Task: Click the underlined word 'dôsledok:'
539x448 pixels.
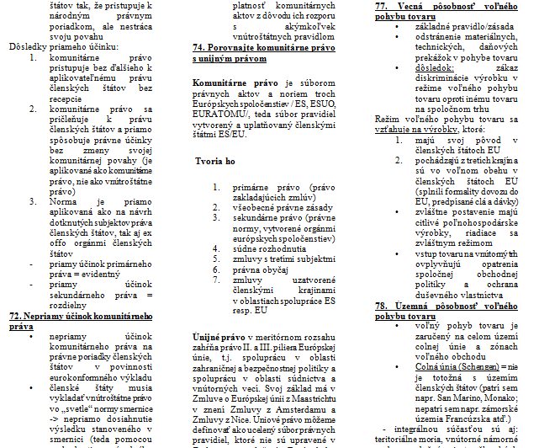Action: tap(436, 64)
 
